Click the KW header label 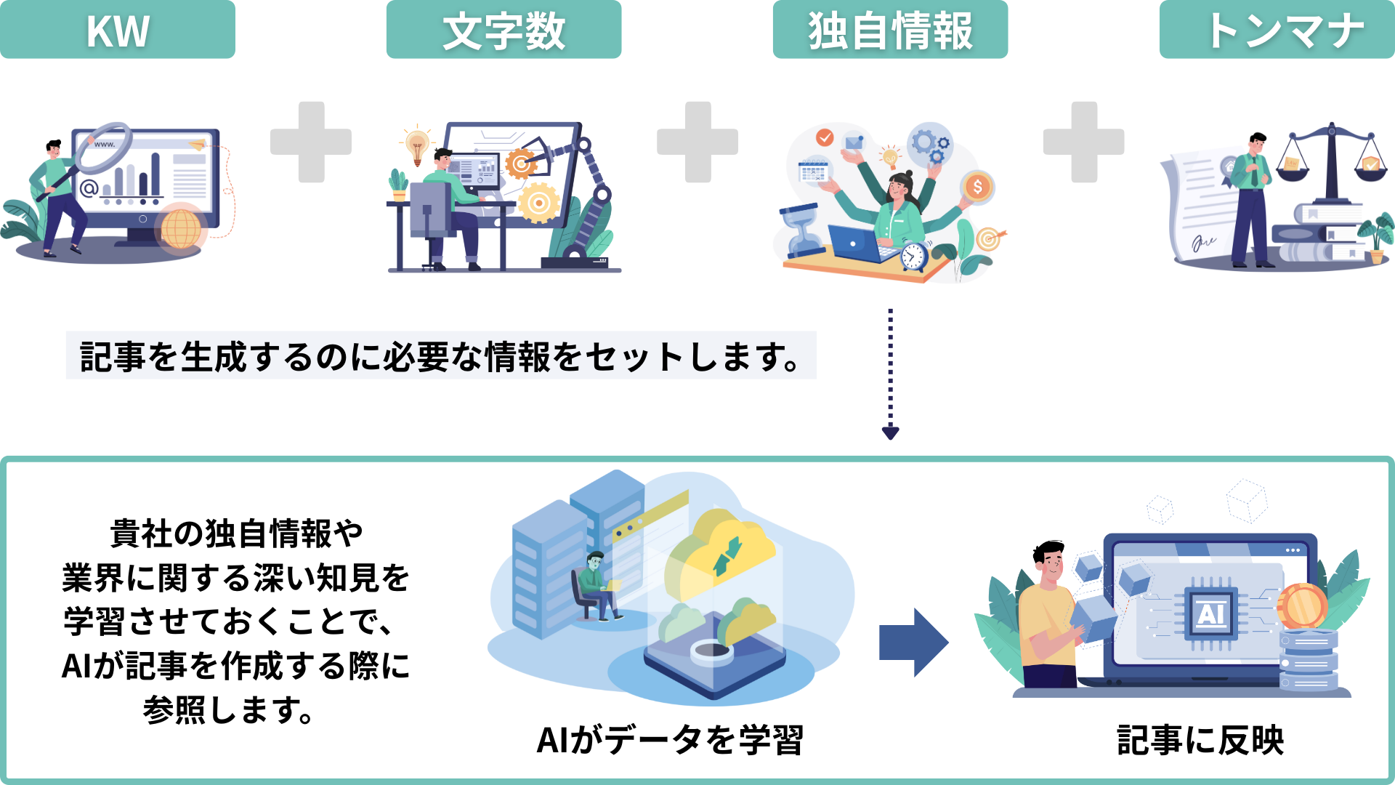(x=118, y=30)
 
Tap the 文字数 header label (x=504, y=30)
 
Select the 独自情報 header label (x=890, y=30)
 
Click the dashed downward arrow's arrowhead (x=890, y=433)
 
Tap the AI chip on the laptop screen (x=1210, y=614)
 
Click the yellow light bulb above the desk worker (x=417, y=143)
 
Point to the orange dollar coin (x=978, y=187)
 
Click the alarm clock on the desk (x=913, y=256)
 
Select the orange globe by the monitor (x=181, y=228)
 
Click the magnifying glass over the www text (x=106, y=148)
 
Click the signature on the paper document (x=1203, y=242)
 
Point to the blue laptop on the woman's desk (x=856, y=243)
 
